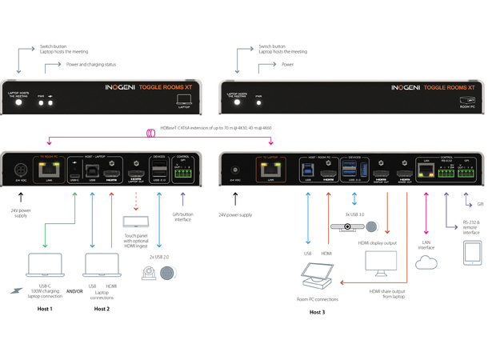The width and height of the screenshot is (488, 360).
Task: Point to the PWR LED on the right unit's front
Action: click(259, 103)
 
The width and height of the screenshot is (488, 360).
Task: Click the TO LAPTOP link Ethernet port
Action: click(266, 170)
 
